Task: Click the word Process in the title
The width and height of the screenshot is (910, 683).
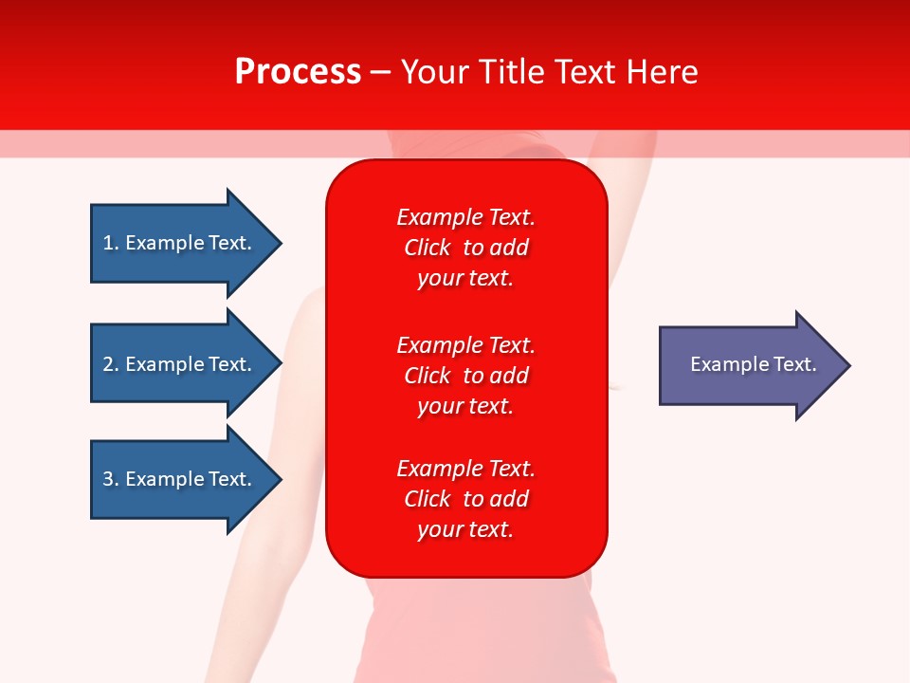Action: (298, 72)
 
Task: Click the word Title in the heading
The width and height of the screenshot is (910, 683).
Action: (511, 72)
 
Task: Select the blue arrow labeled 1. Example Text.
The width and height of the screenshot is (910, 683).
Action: (180, 243)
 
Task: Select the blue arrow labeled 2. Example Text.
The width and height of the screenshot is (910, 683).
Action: (180, 364)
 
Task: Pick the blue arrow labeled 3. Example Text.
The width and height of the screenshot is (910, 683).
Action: (180, 479)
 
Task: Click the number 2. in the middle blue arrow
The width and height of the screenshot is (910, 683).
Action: (110, 364)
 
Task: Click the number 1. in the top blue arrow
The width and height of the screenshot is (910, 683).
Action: (110, 243)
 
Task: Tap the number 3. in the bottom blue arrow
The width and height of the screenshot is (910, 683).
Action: (110, 479)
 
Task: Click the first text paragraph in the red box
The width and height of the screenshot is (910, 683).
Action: (465, 248)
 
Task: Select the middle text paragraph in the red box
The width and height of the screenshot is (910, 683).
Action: (465, 376)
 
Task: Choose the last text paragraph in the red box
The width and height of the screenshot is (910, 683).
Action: (465, 499)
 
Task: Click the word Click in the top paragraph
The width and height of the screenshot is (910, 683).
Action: (427, 248)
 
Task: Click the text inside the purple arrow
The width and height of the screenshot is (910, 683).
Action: (754, 364)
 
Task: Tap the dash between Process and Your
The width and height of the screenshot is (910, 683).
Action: (381, 72)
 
